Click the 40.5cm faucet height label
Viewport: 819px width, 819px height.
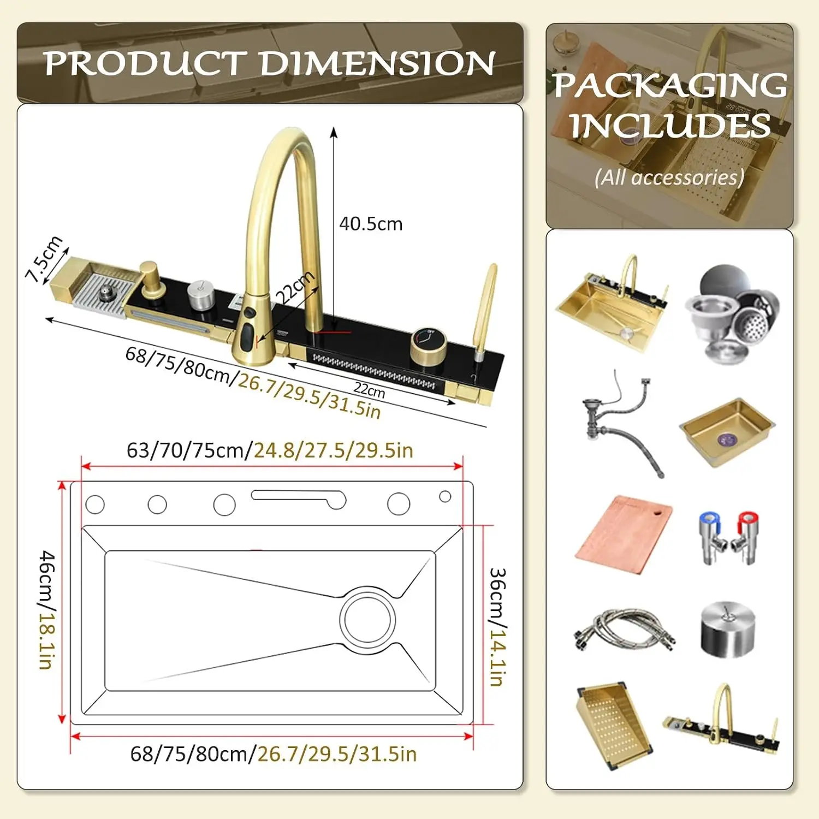tap(371, 224)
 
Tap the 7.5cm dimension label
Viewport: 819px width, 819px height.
tap(44, 259)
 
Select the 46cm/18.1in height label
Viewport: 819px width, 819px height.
tap(48, 609)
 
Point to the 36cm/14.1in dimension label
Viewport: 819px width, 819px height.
tap(497, 627)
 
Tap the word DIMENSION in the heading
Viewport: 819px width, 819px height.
tap(378, 63)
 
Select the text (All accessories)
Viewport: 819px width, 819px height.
tap(669, 177)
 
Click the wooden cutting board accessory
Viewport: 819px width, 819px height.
tap(624, 533)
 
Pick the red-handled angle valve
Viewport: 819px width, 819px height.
tap(743, 537)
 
